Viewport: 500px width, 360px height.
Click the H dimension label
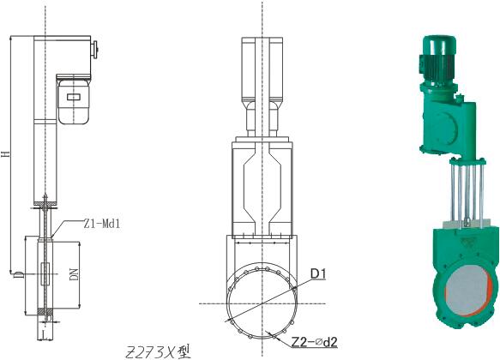click(x=6, y=154)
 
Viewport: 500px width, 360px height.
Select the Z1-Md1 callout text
click(x=102, y=224)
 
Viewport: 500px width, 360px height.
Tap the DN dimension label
click(x=74, y=274)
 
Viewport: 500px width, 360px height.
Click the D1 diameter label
click(x=318, y=273)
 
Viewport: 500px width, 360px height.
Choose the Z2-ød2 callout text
click(x=315, y=342)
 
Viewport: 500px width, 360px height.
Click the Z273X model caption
click(x=158, y=351)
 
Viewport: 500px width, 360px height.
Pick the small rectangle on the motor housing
click(x=74, y=97)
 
